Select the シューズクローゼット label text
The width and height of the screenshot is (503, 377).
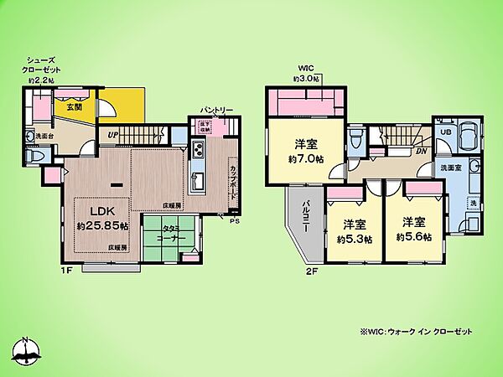click(42, 69)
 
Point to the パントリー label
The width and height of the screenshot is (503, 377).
click(216, 110)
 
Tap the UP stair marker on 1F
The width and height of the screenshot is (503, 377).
click(111, 133)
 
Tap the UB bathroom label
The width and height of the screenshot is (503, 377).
click(446, 132)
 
